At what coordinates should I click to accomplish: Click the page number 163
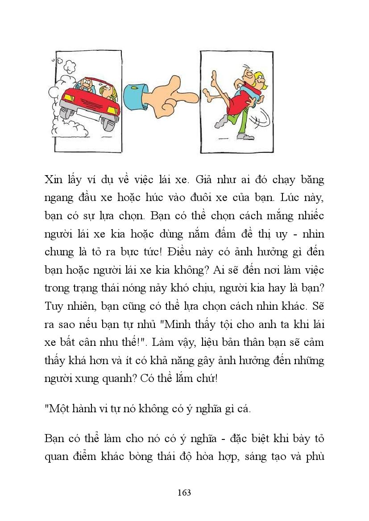click(x=184, y=492)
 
